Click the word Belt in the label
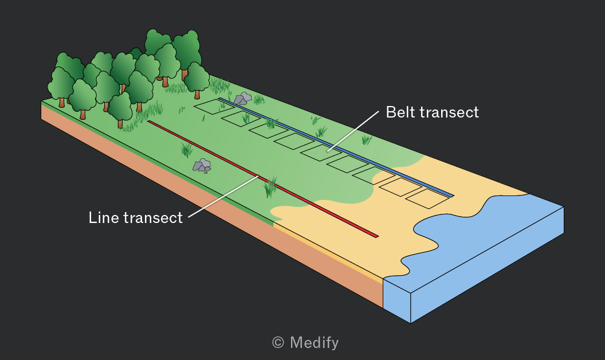(x=400, y=112)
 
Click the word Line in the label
(x=103, y=217)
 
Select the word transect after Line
(x=153, y=218)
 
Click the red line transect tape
(x=263, y=179)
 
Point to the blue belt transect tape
(x=336, y=147)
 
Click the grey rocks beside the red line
(x=202, y=165)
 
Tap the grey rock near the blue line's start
(x=243, y=99)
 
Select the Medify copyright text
(x=305, y=343)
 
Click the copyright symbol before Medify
(x=278, y=343)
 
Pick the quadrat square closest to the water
(x=427, y=198)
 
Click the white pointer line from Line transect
(x=223, y=197)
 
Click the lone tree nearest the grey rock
(x=197, y=80)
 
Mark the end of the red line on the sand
(x=378, y=236)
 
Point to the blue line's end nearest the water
(x=452, y=196)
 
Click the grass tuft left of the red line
(x=187, y=150)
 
